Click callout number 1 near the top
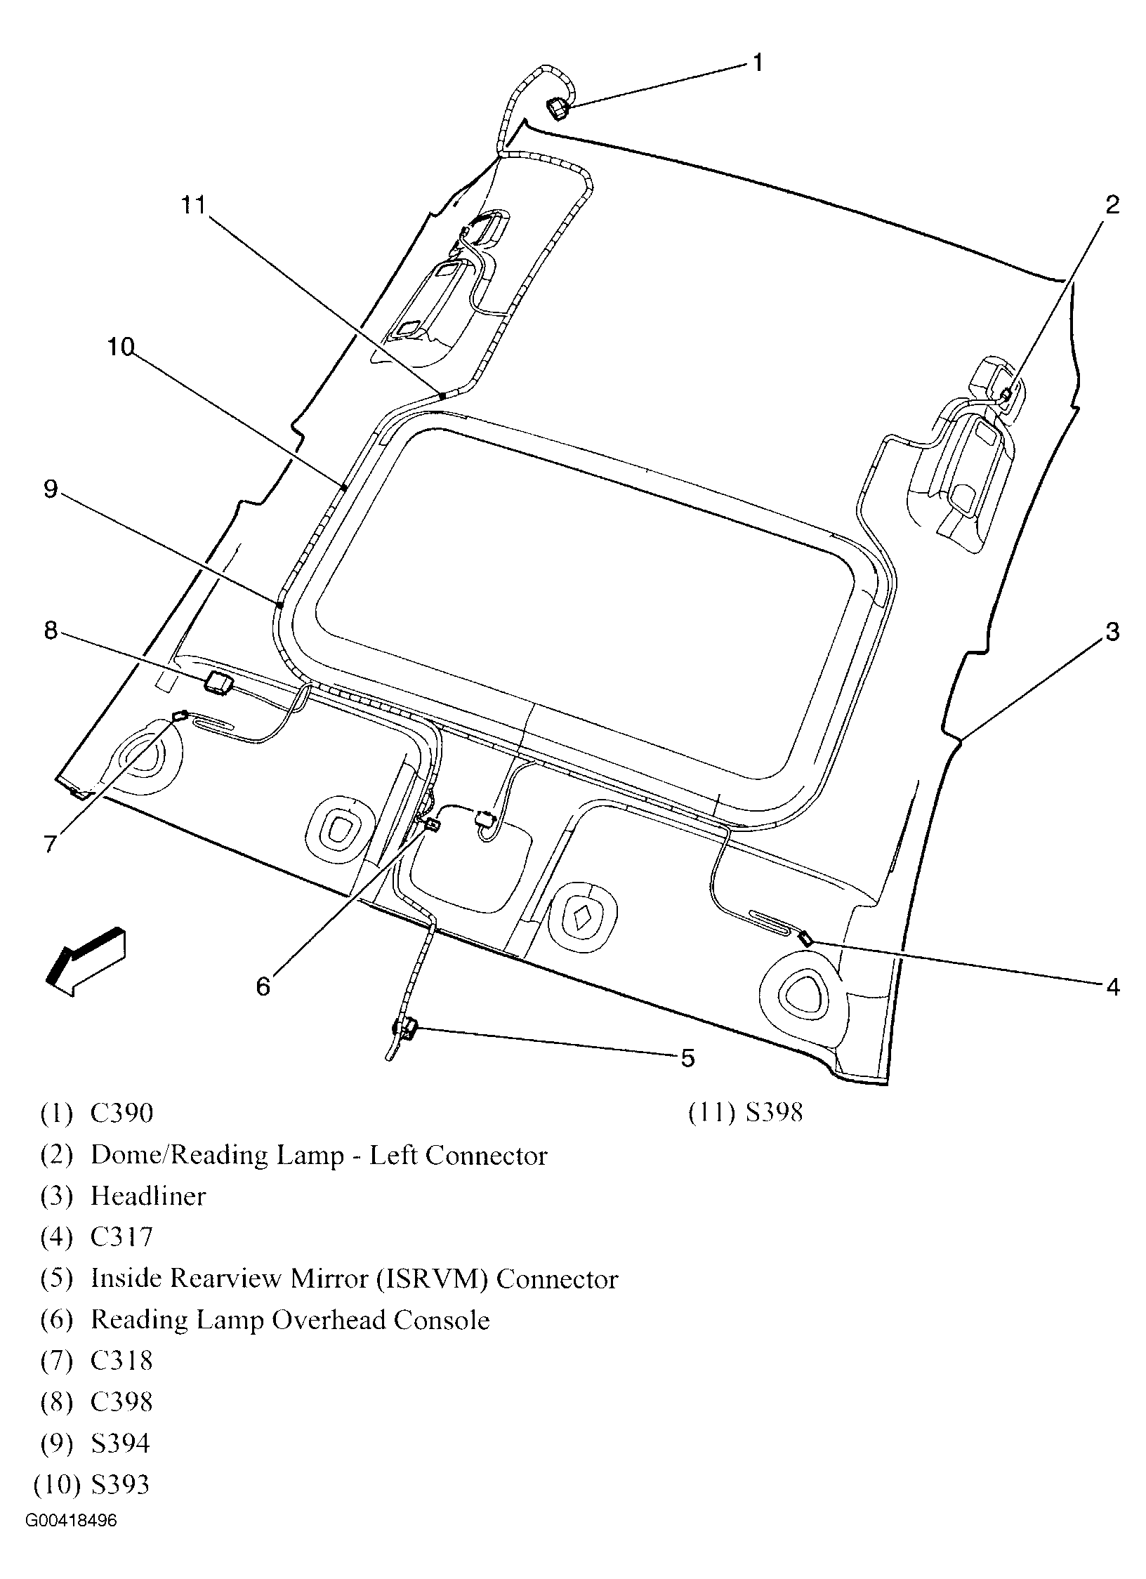point(757,63)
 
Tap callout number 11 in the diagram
point(193,205)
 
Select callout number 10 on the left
point(120,347)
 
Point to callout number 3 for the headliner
point(1112,631)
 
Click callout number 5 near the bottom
point(687,1057)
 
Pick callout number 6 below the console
point(263,987)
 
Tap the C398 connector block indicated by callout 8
point(218,682)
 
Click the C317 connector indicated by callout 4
point(806,938)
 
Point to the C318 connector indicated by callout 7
point(179,715)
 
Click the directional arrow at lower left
point(85,961)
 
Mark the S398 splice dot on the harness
point(442,396)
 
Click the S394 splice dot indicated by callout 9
point(279,604)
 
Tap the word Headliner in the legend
point(148,1196)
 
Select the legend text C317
point(121,1237)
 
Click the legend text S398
point(773,1113)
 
